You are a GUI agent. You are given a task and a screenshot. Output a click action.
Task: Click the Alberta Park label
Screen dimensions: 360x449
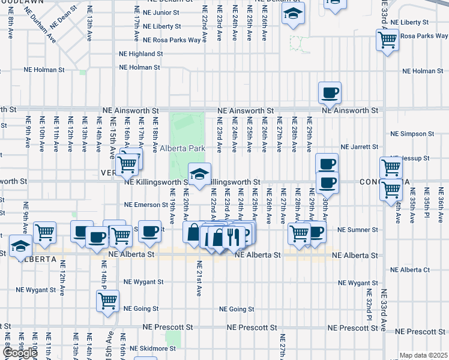pos(182,148)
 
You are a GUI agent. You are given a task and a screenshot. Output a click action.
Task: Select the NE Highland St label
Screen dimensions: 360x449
pos(141,53)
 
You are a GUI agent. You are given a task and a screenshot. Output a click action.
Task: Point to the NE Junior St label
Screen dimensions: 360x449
pos(153,12)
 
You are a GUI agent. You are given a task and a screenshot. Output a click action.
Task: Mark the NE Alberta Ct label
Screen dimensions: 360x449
pos(410,270)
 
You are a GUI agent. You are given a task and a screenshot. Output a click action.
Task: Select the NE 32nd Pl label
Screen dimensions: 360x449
pos(370,304)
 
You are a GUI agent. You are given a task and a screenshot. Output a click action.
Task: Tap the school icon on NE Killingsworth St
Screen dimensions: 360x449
pos(200,175)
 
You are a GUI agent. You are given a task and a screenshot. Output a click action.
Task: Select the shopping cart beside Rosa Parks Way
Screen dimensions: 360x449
pos(387,40)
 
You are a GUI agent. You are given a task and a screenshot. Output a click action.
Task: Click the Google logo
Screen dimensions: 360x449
pos(20,353)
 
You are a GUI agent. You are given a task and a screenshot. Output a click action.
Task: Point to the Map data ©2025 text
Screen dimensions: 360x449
pos(423,355)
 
